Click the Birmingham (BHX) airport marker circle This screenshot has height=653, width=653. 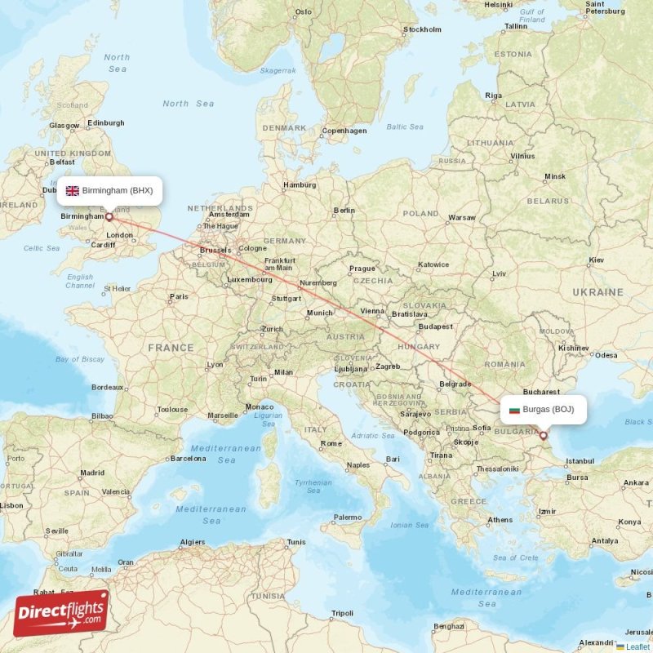click(109, 217)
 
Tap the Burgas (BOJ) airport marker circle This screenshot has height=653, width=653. click(543, 436)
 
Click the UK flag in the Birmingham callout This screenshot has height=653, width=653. click(73, 190)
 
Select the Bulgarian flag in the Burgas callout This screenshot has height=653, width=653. click(514, 409)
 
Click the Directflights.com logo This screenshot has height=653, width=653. click(61, 613)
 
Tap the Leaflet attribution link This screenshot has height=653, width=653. click(637, 646)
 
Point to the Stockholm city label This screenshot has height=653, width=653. click(421, 30)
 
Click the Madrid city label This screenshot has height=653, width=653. click(92, 473)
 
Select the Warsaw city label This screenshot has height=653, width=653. click(462, 218)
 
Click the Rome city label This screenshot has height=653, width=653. click(331, 443)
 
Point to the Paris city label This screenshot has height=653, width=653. click(178, 297)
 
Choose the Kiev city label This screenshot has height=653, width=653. click(597, 260)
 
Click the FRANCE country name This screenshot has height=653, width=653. click(171, 348)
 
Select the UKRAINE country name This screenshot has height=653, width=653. click(597, 291)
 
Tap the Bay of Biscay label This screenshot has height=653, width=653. click(80, 359)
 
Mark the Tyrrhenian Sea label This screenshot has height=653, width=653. click(313, 487)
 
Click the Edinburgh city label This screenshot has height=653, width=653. click(106, 123)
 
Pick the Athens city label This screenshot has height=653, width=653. click(500, 520)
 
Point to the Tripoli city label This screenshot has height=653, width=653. click(342, 613)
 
